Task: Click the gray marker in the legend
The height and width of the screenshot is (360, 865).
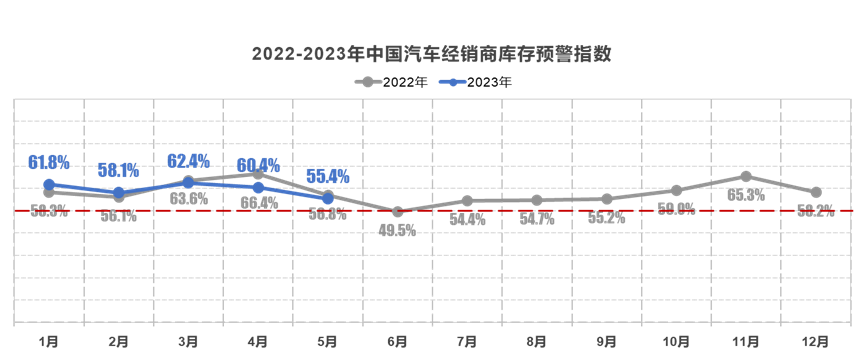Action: pos(369,82)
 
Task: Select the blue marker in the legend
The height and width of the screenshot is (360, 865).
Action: pos(453,82)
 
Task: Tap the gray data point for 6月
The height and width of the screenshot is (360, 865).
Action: pos(398,211)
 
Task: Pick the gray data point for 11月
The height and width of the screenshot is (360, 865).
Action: pos(747,176)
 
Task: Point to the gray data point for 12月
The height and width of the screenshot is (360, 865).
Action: pos(817,192)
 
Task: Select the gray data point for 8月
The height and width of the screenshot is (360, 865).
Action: pos(537,201)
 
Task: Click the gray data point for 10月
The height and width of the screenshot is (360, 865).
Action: pos(677,190)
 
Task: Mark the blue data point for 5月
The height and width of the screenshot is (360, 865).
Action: pos(328,198)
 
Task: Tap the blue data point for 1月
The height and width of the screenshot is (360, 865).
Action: pos(49,184)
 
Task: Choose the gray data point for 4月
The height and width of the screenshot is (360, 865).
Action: pos(258,173)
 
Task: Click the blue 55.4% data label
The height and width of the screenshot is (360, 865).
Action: pos(327,177)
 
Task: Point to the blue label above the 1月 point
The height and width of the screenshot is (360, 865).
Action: pos(49,162)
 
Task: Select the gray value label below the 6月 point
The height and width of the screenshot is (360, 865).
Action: pos(398,229)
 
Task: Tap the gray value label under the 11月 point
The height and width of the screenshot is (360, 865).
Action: pos(746,195)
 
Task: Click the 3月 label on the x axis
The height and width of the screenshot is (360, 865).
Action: pos(188,341)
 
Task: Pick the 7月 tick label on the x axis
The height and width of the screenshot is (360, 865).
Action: pos(467,341)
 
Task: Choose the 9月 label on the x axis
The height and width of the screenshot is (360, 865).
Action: pos(607,341)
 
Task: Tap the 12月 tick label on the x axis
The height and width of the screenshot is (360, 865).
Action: pos(816,341)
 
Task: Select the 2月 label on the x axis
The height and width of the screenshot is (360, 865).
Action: pos(118,341)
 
